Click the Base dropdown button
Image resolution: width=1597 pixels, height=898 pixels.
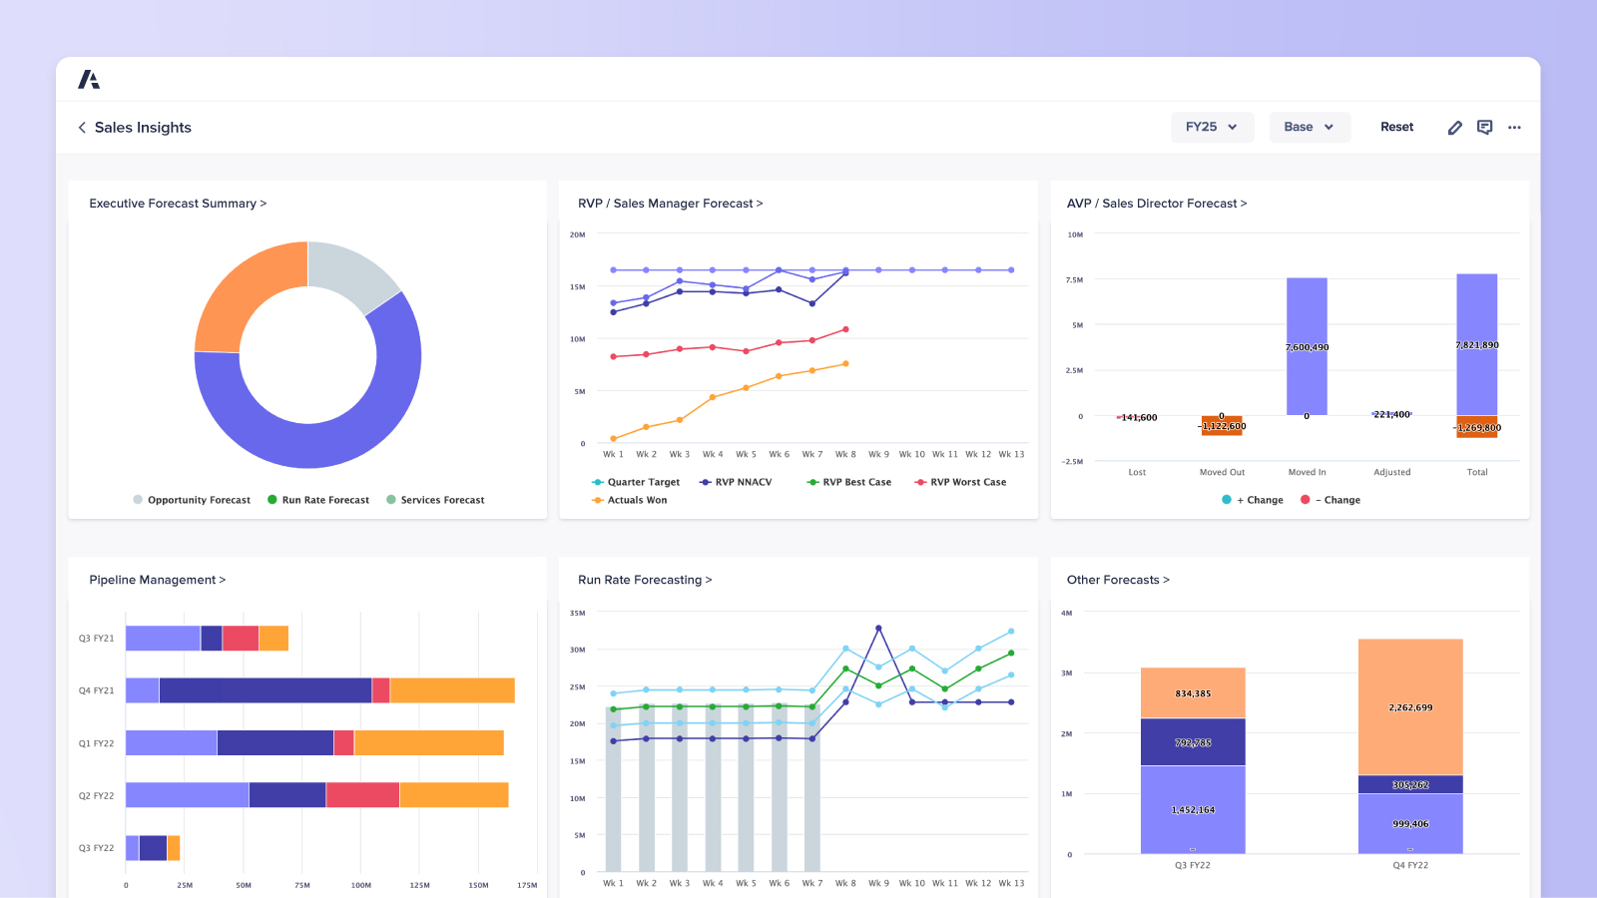pyautogui.click(x=1309, y=127)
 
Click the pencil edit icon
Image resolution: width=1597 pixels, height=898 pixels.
pyautogui.click(x=1454, y=128)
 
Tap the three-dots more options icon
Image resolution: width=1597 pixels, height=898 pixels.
pyautogui.click(x=1514, y=128)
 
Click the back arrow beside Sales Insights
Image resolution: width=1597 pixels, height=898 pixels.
pyautogui.click(x=82, y=128)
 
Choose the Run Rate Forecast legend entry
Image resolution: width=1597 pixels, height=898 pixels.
pyautogui.click(x=318, y=500)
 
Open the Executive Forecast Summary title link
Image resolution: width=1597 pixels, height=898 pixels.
pyautogui.click(x=178, y=204)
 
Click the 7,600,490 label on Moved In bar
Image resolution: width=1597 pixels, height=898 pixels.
pyautogui.click(x=1307, y=347)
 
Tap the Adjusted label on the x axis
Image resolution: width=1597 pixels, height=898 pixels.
pyautogui.click(x=1391, y=472)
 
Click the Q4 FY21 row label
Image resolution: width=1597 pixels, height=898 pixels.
pyautogui.click(x=97, y=690)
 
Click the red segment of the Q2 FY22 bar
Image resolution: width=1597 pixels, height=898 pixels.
pyautogui.click(x=362, y=795)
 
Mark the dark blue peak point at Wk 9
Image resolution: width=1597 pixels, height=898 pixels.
pyautogui.click(x=878, y=628)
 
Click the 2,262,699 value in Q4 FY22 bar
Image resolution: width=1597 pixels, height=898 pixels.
pyautogui.click(x=1409, y=707)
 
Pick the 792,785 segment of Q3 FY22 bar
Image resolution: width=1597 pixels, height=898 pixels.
pyautogui.click(x=1193, y=742)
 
